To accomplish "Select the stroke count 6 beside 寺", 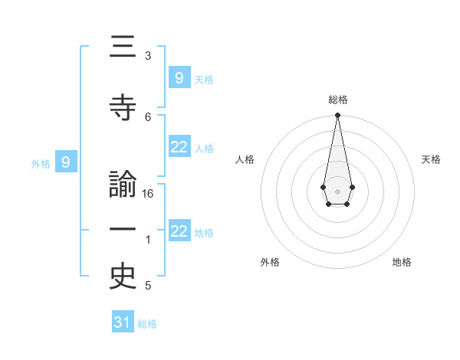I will (148, 116).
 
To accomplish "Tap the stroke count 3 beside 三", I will (148, 56).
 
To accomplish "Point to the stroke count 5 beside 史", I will (148, 286).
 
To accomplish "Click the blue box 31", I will (123, 322).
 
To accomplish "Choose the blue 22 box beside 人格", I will (179, 148).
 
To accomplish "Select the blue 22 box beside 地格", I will (179, 231).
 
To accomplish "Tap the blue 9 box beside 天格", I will (179, 77).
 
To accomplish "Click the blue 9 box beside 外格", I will (66, 162).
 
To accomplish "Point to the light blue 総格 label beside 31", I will (147, 324).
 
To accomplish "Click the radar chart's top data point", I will (337, 116).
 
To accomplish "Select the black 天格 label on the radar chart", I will (431, 159).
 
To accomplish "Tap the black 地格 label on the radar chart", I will (402, 262).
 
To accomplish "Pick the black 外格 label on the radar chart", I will (270, 262).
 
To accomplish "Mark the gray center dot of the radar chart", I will (337, 190).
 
